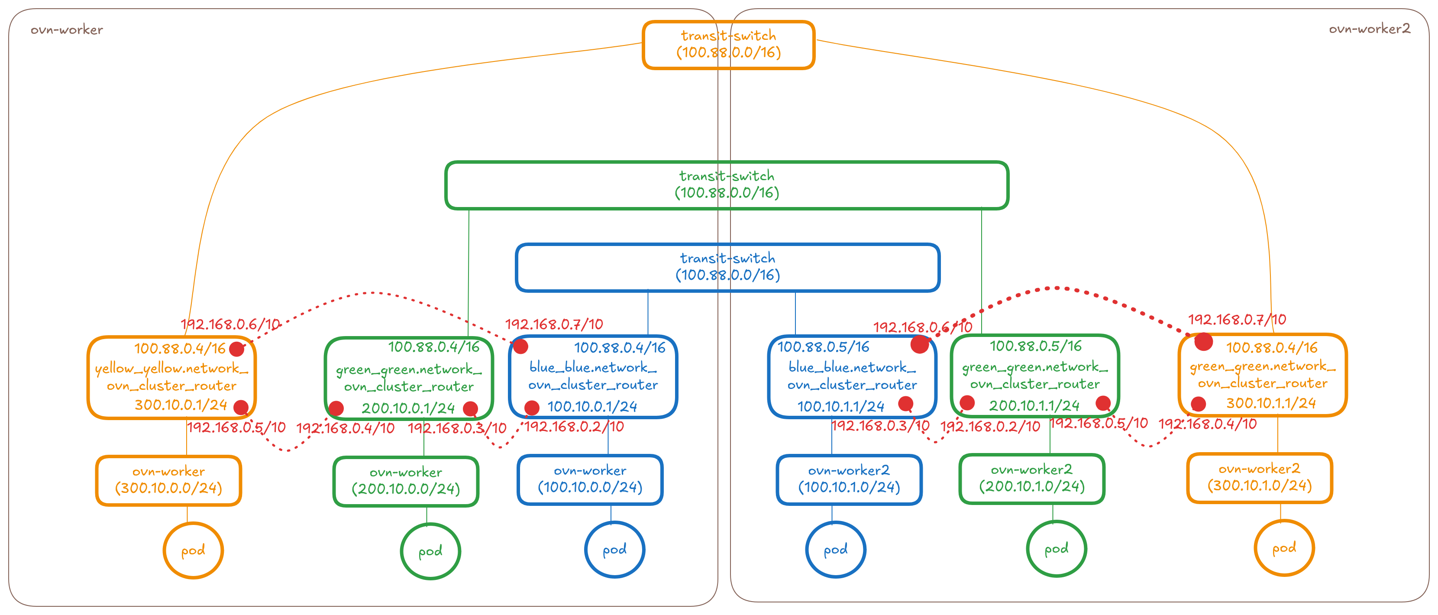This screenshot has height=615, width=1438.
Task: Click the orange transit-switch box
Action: (x=728, y=45)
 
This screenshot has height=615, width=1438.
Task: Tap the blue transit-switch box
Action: (x=727, y=267)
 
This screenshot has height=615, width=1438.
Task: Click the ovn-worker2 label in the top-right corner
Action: (x=1369, y=29)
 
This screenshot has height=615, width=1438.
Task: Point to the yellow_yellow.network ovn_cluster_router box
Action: (x=171, y=377)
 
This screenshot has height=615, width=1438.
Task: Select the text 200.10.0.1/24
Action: (x=408, y=408)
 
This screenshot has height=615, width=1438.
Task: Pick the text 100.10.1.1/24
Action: (x=841, y=407)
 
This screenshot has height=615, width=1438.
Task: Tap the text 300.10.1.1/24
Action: (x=1270, y=403)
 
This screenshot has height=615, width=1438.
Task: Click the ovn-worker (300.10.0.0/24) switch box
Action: (x=168, y=480)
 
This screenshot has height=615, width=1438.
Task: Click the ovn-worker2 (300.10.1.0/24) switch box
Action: (x=1259, y=478)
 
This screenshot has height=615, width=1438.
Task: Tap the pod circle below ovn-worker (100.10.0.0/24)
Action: (x=614, y=550)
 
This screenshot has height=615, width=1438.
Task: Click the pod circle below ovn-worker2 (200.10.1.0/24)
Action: (x=1056, y=549)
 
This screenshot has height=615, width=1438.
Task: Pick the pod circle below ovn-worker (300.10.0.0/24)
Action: (x=193, y=551)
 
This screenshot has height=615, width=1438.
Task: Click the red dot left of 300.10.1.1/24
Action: (x=1198, y=404)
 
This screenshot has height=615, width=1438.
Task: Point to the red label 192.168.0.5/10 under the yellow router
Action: (x=236, y=428)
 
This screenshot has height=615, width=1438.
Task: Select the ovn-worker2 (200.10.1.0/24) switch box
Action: (x=1031, y=479)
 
